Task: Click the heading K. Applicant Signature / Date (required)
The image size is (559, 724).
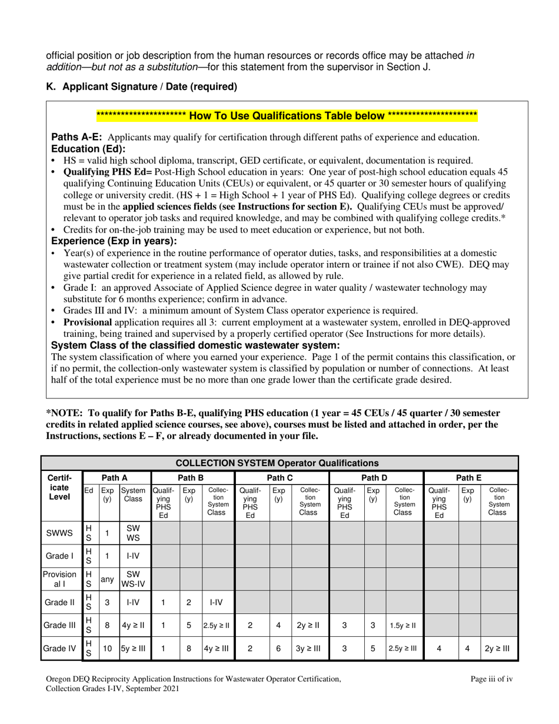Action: click(x=141, y=87)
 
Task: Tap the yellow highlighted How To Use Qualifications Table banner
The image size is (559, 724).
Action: click(x=278, y=115)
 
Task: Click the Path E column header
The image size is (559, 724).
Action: click(x=470, y=477)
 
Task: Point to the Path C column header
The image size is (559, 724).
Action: click(x=281, y=477)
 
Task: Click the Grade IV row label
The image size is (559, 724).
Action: click(x=60, y=649)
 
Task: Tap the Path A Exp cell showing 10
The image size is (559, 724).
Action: click(x=107, y=649)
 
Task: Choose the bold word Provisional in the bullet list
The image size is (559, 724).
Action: click(x=88, y=322)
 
